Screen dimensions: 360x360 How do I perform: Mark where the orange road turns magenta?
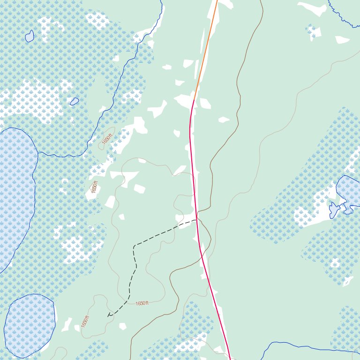pos(194,100)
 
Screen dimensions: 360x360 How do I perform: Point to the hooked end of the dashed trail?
pos(108,315)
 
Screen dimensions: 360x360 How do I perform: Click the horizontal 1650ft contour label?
pos(142,303)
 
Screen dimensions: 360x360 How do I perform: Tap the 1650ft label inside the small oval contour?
pos(107,139)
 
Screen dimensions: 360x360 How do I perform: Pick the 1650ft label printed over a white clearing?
pos(95,187)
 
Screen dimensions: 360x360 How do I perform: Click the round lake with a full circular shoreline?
pos(30,325)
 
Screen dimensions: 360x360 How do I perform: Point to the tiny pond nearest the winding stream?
pos(75,101)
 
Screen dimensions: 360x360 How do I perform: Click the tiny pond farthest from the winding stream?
pos(30,36)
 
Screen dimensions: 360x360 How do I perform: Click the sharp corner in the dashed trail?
pos(135,245)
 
